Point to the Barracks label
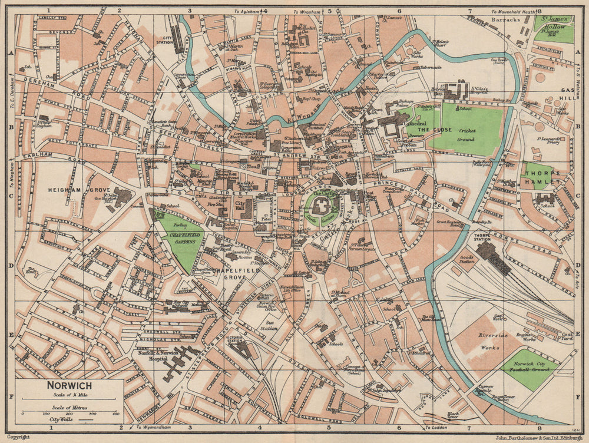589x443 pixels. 507,19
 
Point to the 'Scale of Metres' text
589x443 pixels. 70,407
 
